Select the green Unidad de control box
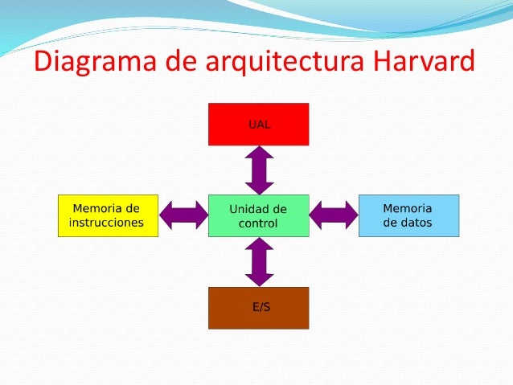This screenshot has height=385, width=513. click(258, 215)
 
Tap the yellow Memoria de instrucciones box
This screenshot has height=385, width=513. click(107, 215)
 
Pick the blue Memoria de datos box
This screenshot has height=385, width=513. click(408, 215)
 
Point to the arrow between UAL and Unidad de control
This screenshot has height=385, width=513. click(259, 170)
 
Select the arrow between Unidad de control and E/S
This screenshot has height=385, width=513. click(259, 262)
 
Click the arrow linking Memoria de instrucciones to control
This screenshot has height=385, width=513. click(183, 215)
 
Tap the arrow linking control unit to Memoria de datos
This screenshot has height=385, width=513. click(334, 215)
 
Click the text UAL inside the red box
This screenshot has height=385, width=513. click(258, 125)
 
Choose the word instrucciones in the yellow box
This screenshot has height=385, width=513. click(106, 223)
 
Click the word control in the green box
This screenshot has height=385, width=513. click(257, 223)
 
